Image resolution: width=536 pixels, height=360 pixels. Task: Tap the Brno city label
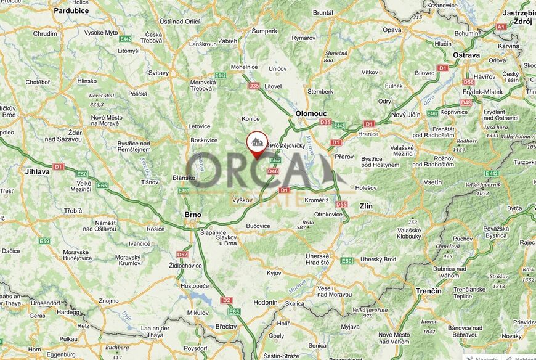(x=193, y=215)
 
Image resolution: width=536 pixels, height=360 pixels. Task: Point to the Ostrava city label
(x=466, y=55)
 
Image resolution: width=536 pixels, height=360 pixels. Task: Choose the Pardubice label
(x=71, y=10)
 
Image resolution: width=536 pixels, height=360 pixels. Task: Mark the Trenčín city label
(x=428, y=290)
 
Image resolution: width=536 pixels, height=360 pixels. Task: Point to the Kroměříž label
(x=316, y=200)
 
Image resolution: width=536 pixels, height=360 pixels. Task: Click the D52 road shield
(x=182, y=254)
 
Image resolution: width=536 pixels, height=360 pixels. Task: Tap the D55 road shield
(x=341, y=204)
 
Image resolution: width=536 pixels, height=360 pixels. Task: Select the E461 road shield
(x=184, y=191)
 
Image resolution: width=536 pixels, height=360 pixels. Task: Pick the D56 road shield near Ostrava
(x=469, y=82)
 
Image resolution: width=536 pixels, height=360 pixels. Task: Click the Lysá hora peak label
(x=496, y=127)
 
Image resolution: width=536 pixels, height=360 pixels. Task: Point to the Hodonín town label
(x=266, y=303)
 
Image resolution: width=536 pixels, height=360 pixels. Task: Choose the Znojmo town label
(x=108, y=301)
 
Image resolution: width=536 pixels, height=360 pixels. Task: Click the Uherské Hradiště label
(x=318, y=259)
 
